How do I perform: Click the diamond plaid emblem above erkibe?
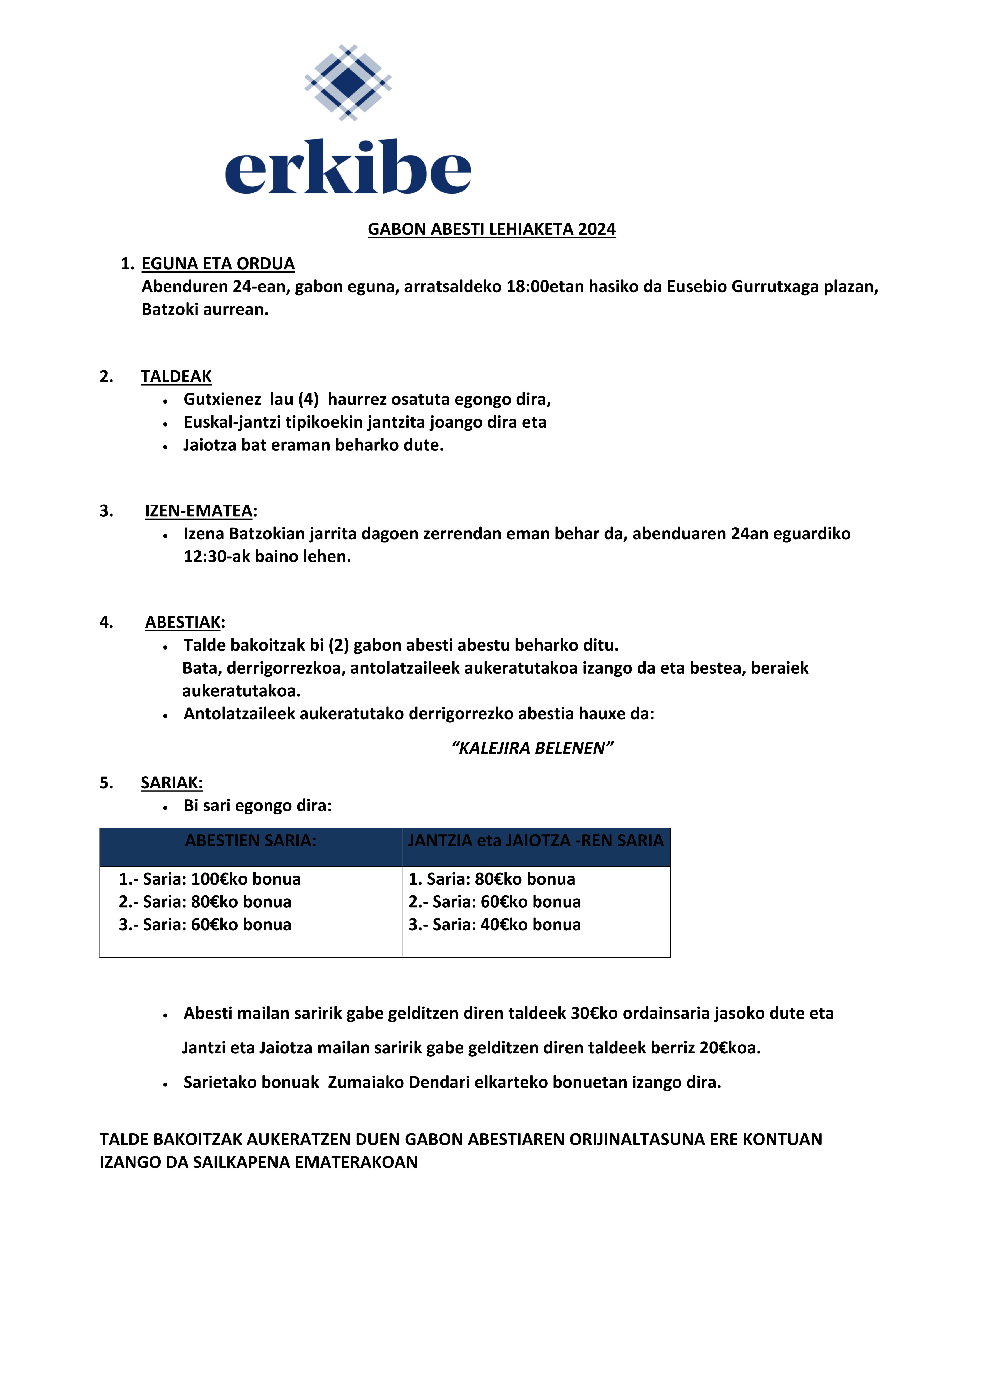tap(348, 82)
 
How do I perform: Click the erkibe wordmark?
tap(348, 167)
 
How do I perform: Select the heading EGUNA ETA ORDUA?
tap(218, 264)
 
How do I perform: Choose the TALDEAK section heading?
tap(176, 377)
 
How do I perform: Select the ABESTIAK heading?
tap(183, 623)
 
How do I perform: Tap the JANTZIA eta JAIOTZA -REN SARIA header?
tap(536, 841)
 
